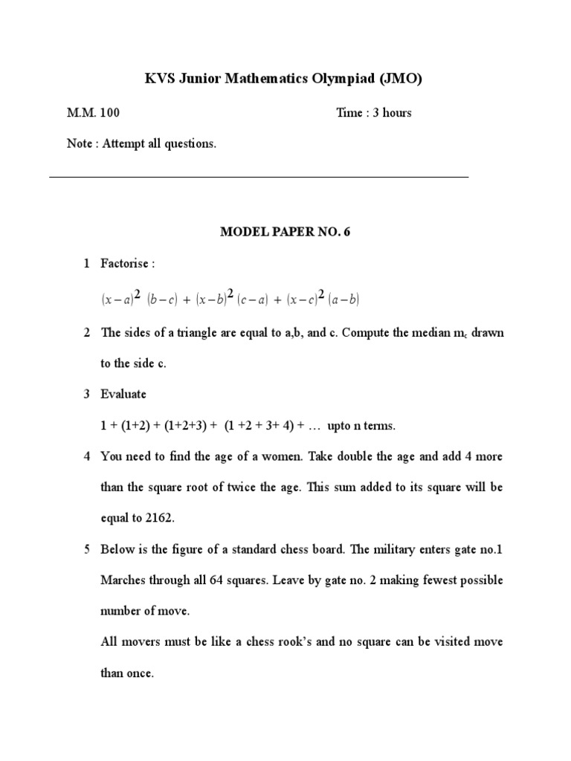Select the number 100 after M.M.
(108, 113)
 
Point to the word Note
(79, 144)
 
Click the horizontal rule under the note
(259, 177)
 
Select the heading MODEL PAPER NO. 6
(285, 232)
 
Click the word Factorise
(128, 264)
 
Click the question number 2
(86, 332)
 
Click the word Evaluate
(124, 394)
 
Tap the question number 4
(86, 456)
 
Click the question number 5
(86, 549)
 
